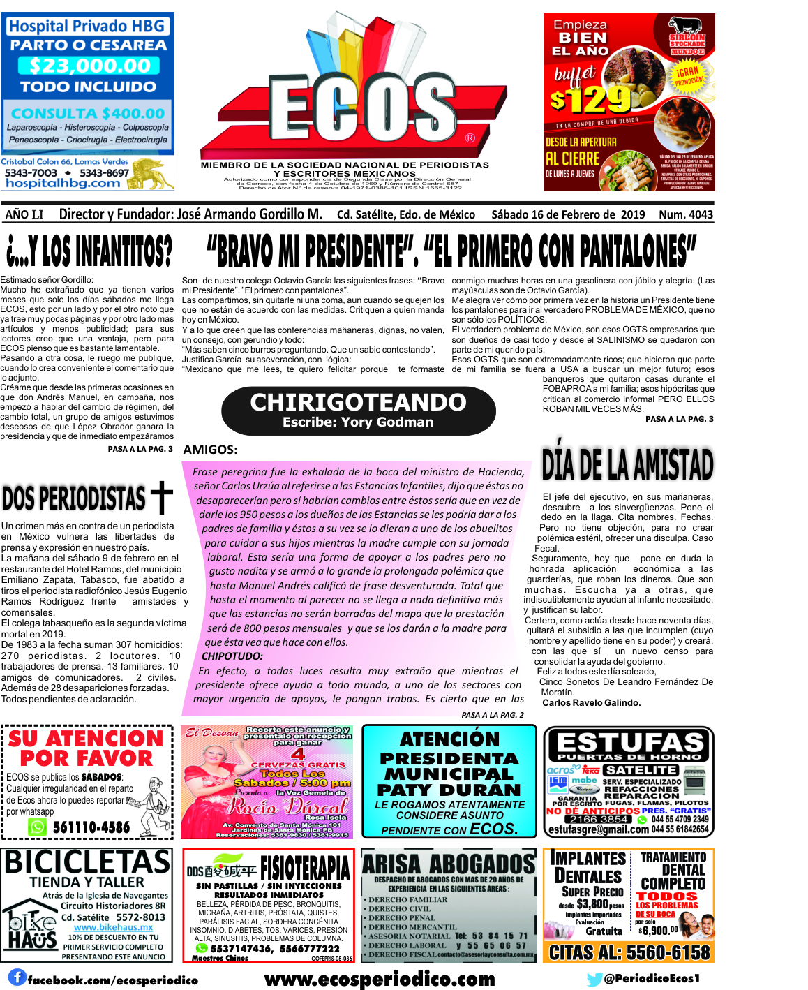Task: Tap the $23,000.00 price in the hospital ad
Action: (x=89, y=66)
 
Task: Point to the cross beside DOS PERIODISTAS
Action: (x=161, y=496)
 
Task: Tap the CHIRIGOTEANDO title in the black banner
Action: (x=358, y=402)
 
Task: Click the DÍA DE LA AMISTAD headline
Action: (x=627, y=464)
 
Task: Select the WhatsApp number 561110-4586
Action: (x=91, y=827)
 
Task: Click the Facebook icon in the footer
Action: (x=17, y=977)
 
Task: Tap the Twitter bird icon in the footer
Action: (x=594, y=979)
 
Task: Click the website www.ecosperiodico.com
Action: (x=380, y=979)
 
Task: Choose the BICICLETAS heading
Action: (x=87, y=862)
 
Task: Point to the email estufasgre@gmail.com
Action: (x=598, y=829)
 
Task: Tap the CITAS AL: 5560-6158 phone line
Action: (x=629, y=952)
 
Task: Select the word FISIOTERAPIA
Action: (x=305, y=869)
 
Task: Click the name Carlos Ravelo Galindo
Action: (x=591, y=702)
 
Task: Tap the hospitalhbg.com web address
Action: (x=63, y=183)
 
